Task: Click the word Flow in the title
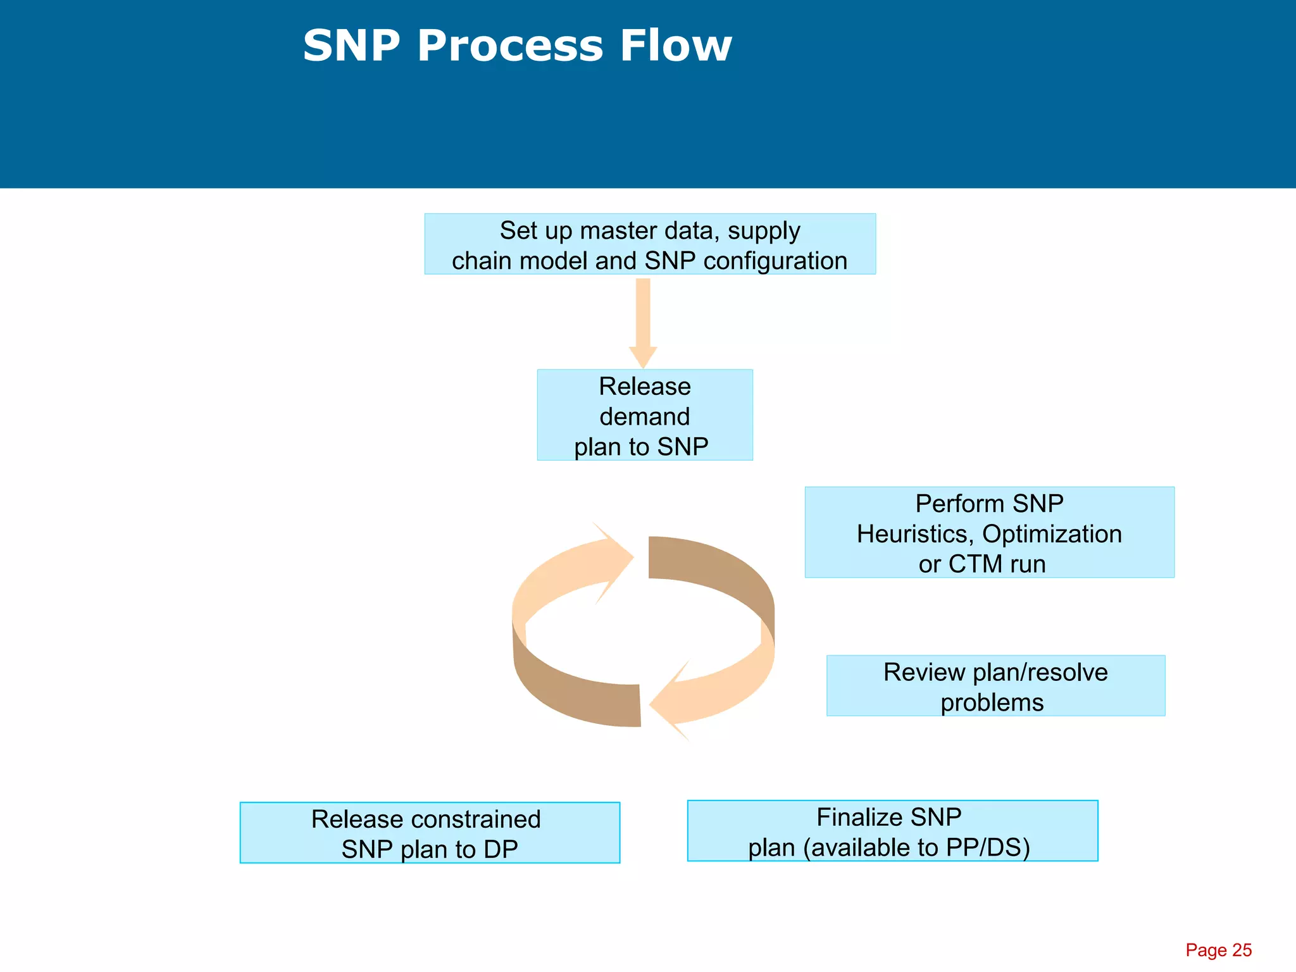(675, 46)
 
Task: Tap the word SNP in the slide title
(351, 46)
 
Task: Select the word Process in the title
(510, 46)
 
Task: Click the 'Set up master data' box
(650, 244)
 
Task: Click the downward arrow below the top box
(643, 323)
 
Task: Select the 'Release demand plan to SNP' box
(644, 415)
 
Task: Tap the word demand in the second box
(644, 416)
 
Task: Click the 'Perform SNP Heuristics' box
(988, 532)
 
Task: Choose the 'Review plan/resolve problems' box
(995, 686)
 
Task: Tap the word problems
(992, 702)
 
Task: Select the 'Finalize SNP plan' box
(892, 831)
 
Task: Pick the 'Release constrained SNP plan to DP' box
(430, 833)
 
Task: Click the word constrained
(478, 819)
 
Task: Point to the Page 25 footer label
(1218, 950)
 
